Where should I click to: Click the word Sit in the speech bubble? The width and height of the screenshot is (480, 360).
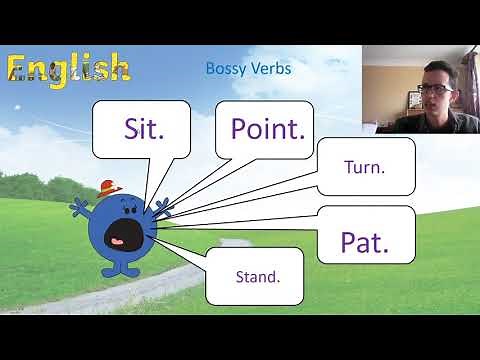145,127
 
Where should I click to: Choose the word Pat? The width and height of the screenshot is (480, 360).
363,240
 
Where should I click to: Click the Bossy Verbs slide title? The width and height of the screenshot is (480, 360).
248,69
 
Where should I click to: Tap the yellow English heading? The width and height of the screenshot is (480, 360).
68,68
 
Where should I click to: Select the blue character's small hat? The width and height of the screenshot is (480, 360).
110,187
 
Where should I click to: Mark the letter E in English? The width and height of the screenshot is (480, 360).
20,68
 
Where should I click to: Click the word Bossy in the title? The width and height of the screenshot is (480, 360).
225,69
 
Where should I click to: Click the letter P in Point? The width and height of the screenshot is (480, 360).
241,128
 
